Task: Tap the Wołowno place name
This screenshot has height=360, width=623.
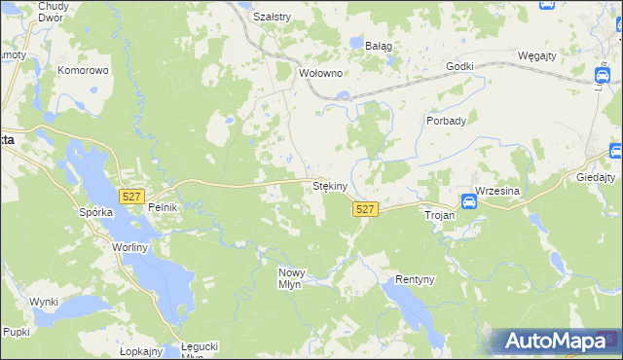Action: point(321,73)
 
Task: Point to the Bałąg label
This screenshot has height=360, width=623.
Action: point(379,45)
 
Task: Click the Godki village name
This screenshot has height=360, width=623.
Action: point(459,66)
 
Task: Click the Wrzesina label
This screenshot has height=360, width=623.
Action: point(498,191)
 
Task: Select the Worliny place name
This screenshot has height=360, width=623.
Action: point(128,249)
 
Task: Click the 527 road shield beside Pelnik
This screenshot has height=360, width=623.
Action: point(131,197)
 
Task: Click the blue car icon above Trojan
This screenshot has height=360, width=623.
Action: point(468,202)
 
